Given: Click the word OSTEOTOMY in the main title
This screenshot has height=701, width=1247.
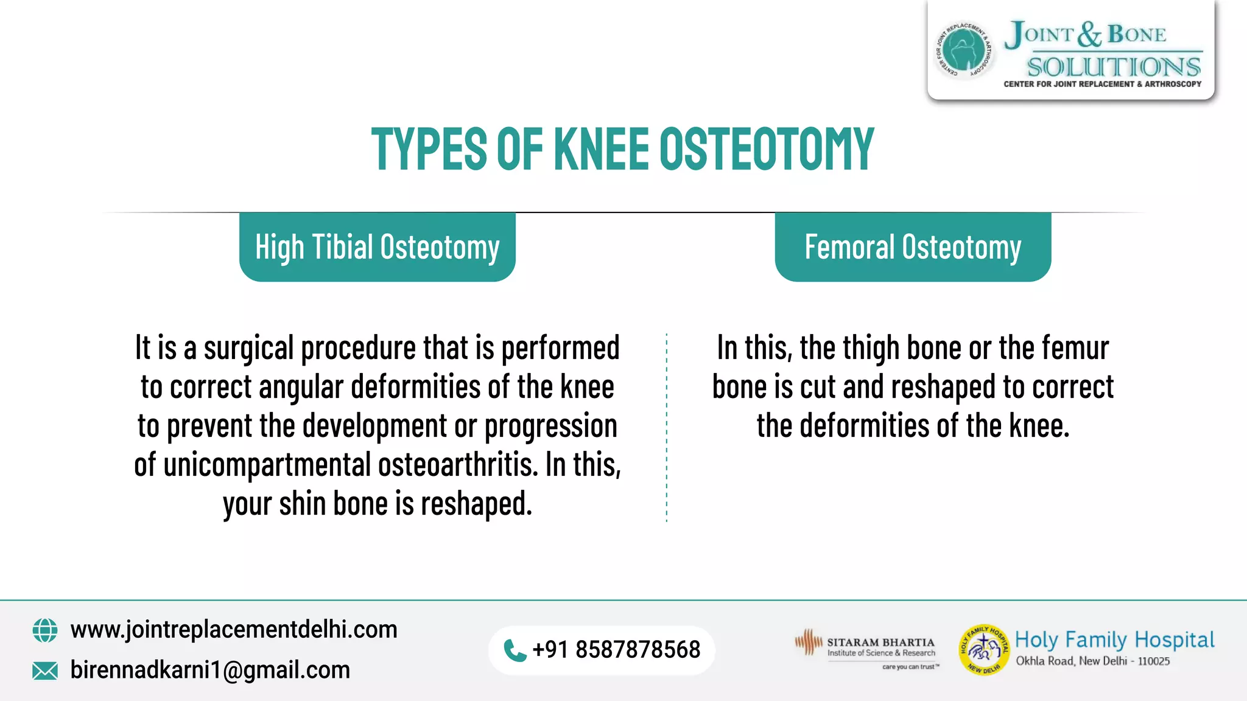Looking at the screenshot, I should (x=767, y=149).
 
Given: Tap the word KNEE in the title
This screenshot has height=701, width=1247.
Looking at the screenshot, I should (x=601, y=149).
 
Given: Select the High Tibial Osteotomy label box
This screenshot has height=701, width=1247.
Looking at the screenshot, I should (x=377, y=247).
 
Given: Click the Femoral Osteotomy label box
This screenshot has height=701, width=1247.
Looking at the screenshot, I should (x=912, y=247).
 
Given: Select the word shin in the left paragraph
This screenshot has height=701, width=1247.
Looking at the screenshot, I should (x=302, y=504).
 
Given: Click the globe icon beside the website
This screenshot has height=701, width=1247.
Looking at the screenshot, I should (x=45, y=630).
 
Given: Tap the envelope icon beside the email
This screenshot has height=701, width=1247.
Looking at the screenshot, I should (x=45, y=671).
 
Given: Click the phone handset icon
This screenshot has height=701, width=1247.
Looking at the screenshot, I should (x=515, y=650).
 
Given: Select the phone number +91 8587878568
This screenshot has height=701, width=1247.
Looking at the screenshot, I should (x=616, y=650).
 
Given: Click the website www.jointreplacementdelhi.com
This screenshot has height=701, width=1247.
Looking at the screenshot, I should (x=234, y=629).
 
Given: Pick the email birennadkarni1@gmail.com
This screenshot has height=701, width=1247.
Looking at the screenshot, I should (x=210, y=670).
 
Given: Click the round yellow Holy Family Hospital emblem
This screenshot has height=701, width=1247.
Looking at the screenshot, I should (x=983, y=650).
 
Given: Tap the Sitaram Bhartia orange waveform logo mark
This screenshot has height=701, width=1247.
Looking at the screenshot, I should (x=809, y=642).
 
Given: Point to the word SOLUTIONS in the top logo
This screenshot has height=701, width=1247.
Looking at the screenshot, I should (x=1114, y=66).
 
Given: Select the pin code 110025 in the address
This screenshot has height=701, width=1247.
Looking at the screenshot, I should (x=1154, y=661).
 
